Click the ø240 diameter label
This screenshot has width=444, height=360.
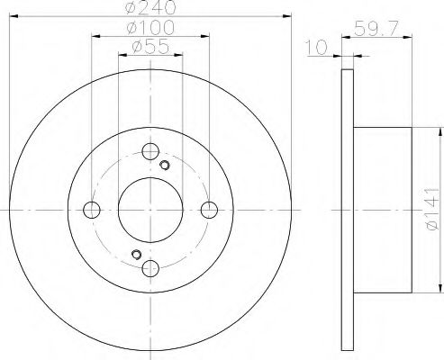150,7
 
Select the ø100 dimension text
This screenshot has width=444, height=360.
150,27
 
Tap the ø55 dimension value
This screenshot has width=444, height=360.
150,47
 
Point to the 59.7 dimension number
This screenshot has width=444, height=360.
376,29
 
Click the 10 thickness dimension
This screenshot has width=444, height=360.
316,48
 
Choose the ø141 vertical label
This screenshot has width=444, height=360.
432,210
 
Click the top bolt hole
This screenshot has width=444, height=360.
150,151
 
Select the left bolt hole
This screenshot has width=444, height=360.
92,210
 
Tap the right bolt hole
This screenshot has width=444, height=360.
209,210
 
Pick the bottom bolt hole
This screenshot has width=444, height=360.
150,268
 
